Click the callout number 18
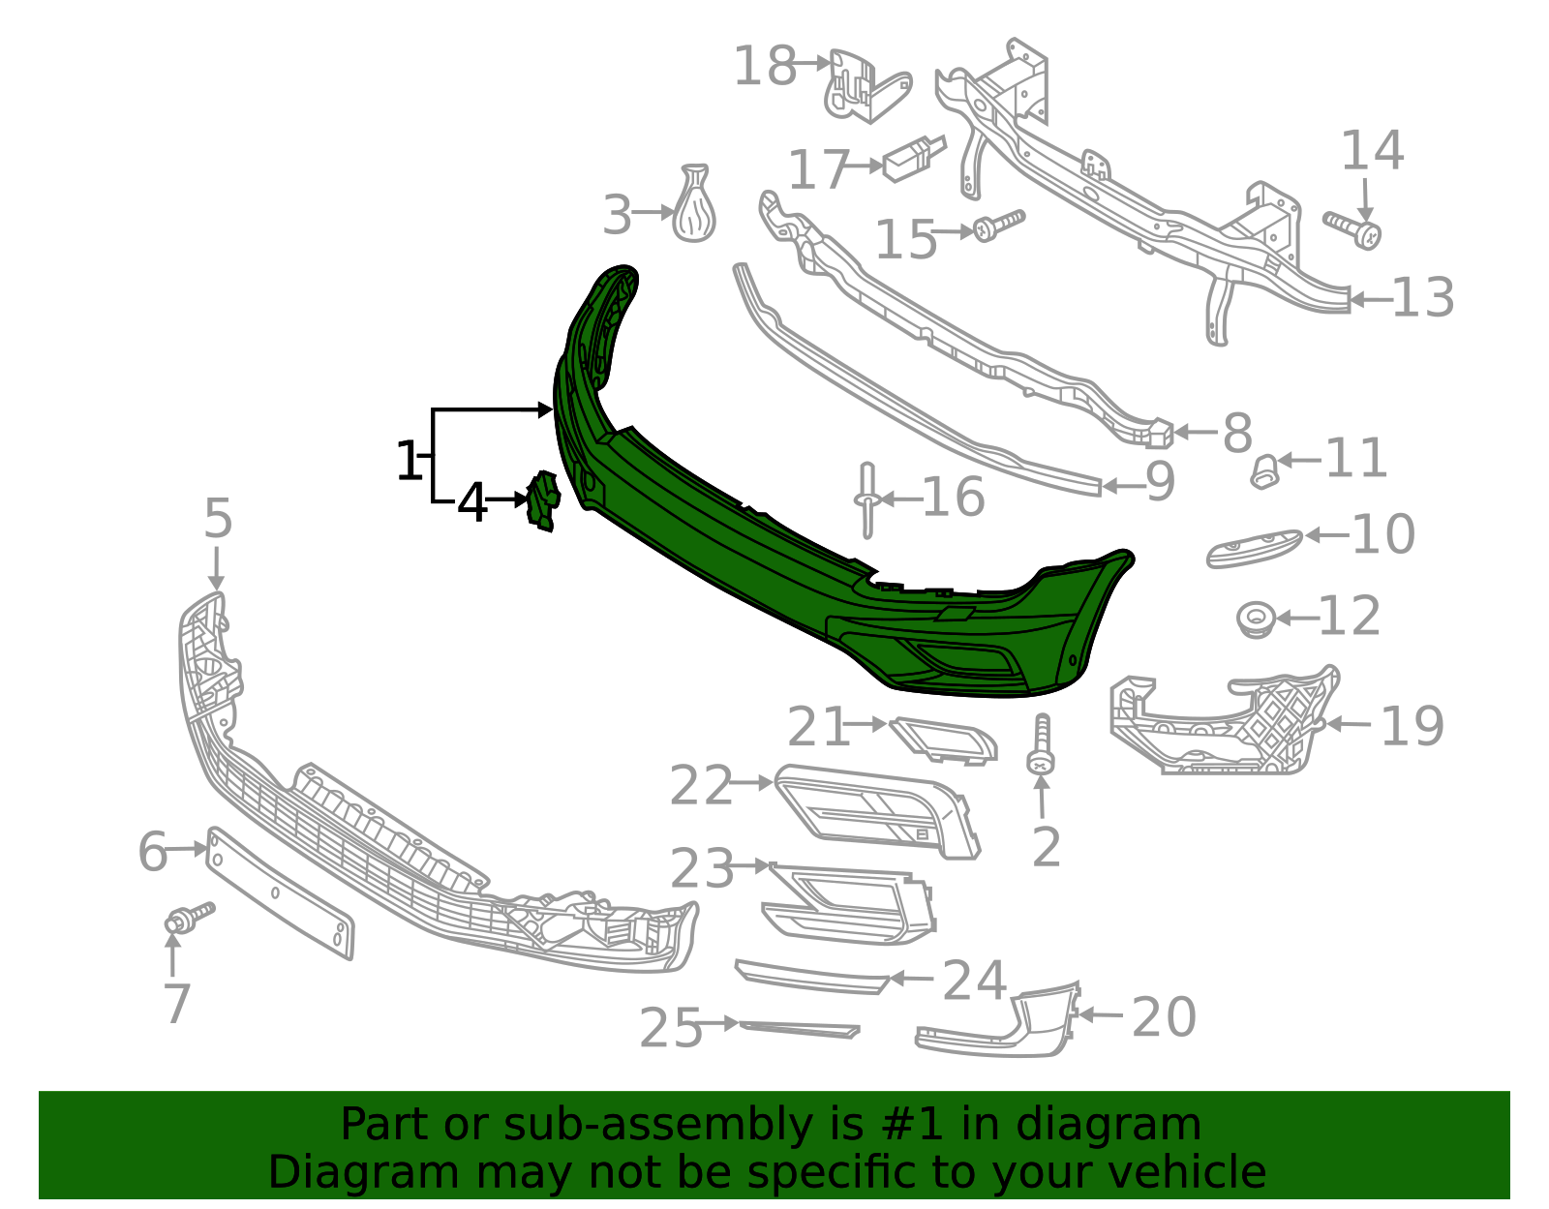(x=764, y=67)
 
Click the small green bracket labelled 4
(x=542, y=500)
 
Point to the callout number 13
(x=1422, y=298)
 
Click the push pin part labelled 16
(x=866, y=499)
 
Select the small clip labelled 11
(x=1264, y=472)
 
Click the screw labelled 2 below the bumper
(x=1042, y=745)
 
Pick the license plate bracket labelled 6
(x=281, y=892)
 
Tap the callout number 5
(x=218, y=519)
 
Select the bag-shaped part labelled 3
(x=695, y=206)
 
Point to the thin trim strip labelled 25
(x=799, y=1029)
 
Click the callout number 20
(x=1164, y=1017)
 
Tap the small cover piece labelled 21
(x=944, y=741)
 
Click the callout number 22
(x=701, y=785)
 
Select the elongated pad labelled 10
(x=1253, y=548)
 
